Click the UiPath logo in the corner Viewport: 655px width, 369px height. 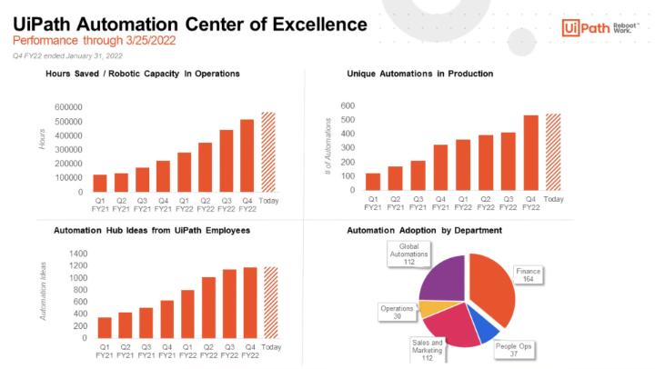600,28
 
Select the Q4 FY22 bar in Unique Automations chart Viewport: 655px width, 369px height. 530,153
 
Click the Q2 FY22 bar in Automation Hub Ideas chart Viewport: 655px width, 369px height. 208,307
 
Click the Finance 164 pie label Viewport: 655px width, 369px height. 528,275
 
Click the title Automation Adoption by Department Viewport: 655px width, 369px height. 424,230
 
